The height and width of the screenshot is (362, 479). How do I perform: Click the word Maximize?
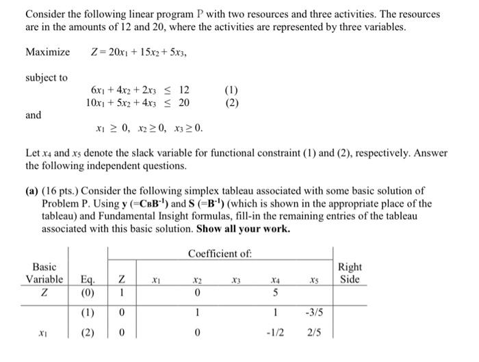47,53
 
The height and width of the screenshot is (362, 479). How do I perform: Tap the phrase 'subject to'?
47,78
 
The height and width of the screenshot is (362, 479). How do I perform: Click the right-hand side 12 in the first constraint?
184,90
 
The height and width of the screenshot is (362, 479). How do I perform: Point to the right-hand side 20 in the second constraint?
184,103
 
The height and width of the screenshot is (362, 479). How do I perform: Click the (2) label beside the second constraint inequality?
233,103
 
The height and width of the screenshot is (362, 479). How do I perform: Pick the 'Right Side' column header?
350,274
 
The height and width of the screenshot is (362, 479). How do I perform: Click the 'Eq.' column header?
87,280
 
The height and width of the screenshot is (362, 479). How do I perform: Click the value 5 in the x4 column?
274,294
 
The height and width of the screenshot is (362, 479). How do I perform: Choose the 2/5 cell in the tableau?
313,335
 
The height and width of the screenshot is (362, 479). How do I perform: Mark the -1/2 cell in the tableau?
274,335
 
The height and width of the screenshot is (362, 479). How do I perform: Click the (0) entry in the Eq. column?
87,294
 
